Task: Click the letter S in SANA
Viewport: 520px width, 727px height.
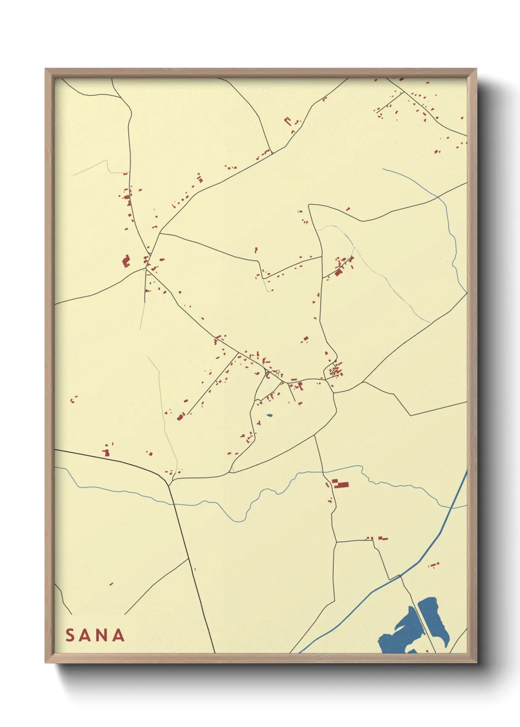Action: click(x=70, y=635)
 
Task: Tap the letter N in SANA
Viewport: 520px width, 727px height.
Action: click(x=103, y=635)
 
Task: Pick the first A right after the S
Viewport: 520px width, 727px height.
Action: click(x=87, y=635)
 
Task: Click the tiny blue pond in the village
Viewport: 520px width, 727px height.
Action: click(x=269, y=416)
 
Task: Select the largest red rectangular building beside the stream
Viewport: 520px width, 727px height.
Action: click(x=341, y=485)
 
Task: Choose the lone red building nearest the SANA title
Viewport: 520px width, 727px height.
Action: click(x=111, y=584)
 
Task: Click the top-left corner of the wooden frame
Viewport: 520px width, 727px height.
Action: click(x=46, y=69)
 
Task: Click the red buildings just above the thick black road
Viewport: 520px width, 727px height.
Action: click(x=107, y=450)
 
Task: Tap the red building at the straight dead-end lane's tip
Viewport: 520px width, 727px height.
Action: click(x=180, y=417)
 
